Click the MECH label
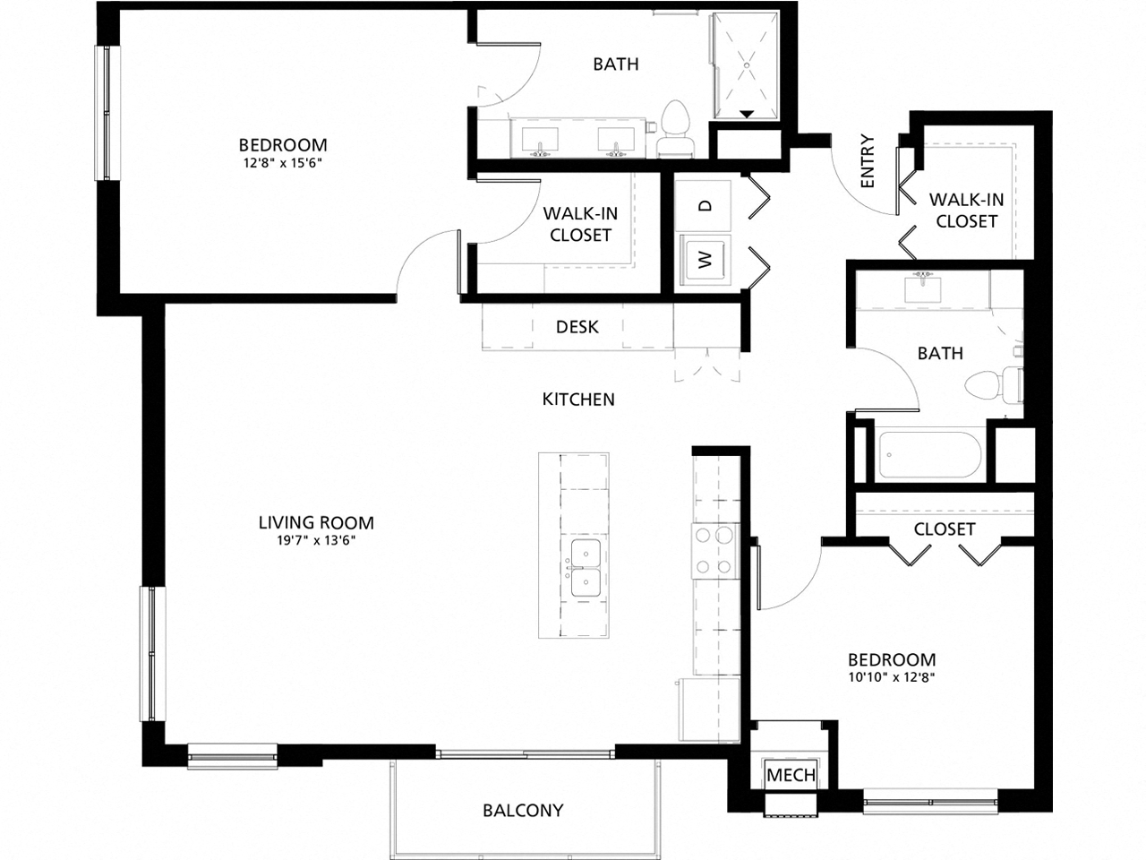pos(791,775)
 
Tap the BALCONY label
pos(523,810)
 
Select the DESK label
pos(577,327)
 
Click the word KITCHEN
pos(578,400)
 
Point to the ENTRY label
pos(866,162)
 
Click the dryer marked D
pos(706,205)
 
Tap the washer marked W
pos(706,261)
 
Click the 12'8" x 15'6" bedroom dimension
pos(282,164)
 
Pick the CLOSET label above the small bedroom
pos(944,529)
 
